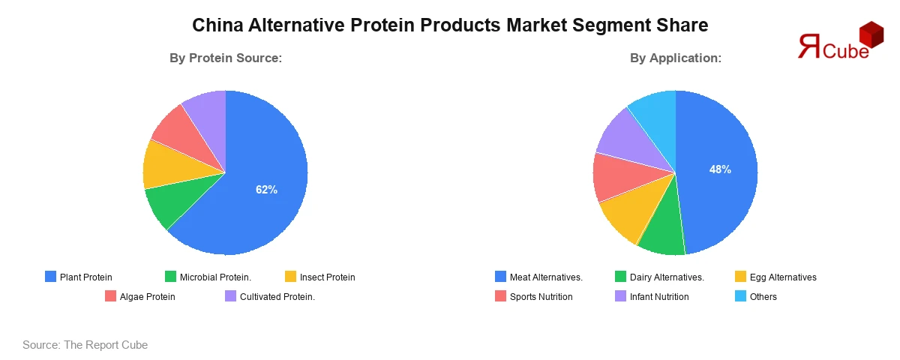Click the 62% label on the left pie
pyautogui.click(x=266, y=190)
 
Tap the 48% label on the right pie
pyautogui.click(x=720, y=169)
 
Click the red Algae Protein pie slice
pyautogui.click(x=176, y=127)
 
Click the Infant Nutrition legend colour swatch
pyautogui.click(x=620, y=296)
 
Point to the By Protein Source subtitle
pyautogui.click(x=225, y=58)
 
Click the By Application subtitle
pyautogui.click(x=676, y=58)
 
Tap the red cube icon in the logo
pyautogui.click(x=871, y=34)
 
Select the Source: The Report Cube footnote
pyautogui.click(x=85, y=345)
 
